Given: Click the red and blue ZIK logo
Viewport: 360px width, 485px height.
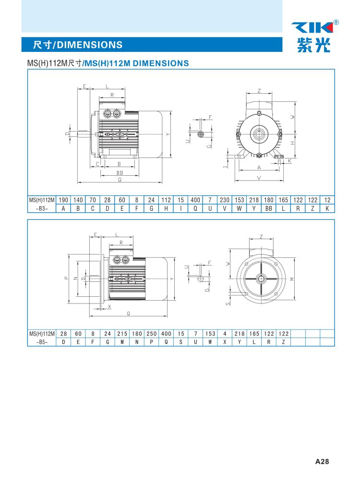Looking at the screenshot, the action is coord(312,27).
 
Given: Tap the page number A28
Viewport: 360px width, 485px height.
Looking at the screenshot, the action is coord(322,461).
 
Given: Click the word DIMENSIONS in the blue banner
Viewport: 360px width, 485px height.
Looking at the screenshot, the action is coord(90,45).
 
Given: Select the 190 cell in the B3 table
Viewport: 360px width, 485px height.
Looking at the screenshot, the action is coord(63,200).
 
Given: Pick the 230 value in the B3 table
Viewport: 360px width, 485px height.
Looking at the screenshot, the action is coord(225,200).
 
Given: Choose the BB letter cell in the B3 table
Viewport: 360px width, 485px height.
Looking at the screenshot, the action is coord(269,208).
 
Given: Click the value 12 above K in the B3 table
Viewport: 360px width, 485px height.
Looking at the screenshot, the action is coord(327,200).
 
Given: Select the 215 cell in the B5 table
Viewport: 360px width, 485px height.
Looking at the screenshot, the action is coord(122,334).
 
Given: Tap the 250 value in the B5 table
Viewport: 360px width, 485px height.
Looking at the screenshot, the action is coord(152,334).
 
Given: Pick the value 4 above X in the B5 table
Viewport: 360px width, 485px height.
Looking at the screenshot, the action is coord(225,334).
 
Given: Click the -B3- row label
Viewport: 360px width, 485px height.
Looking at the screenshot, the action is coord(42,208).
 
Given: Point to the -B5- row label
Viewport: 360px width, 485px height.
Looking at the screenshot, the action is coord(42,342).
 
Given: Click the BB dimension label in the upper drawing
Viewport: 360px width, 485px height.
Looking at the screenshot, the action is coord(120,173).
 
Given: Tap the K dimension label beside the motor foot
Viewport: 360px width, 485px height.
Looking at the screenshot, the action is coord(290,161).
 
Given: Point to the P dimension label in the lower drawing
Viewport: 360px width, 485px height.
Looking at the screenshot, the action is coord(66,278).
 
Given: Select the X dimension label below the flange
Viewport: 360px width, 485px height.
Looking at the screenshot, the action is coord(109,306).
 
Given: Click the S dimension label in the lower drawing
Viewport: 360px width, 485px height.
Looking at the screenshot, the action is coord(228,304).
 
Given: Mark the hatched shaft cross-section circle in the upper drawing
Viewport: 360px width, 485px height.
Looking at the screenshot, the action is coord(201,134).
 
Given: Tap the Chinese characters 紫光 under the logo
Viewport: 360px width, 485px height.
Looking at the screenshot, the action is coord(313,45).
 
